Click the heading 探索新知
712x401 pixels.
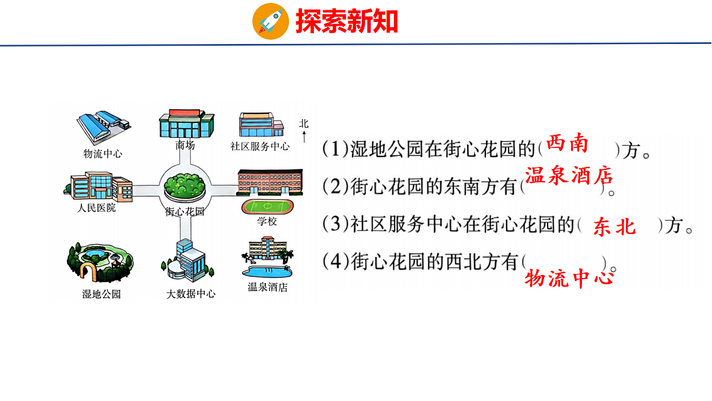[x=347, y=21]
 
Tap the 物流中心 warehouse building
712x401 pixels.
[x=103, y=126]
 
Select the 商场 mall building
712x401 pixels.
[x=185, y=124]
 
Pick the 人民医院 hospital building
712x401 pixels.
[x=98, y=186]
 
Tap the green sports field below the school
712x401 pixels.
[x=266, y=207]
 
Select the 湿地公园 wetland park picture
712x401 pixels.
[x=100, y=264]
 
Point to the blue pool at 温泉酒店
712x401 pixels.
[x=267, y=271]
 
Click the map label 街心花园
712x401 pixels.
[x=185, y=211]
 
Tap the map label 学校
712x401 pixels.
[x=266, y=222]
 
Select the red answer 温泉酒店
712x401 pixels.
[x=568, y=176]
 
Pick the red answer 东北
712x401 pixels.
[x=614, y=226]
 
